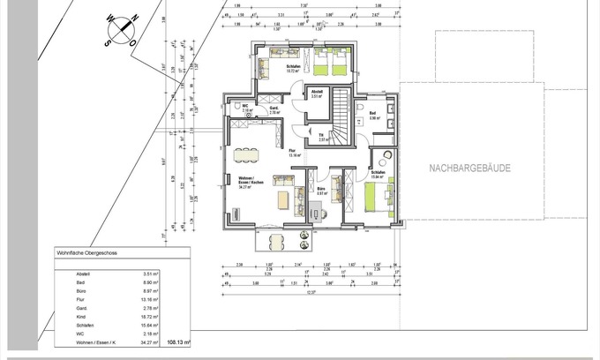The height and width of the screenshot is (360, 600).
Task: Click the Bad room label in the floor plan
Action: coord(373,114)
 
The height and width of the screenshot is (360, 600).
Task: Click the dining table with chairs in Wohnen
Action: coord(247,155)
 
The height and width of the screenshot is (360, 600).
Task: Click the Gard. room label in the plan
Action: coord(274,109)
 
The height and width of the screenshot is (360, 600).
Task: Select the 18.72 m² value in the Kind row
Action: coord(149,315)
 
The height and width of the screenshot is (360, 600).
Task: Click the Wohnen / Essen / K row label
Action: coord(99,339)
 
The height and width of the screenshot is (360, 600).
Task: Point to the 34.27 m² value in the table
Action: coord(149,339)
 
